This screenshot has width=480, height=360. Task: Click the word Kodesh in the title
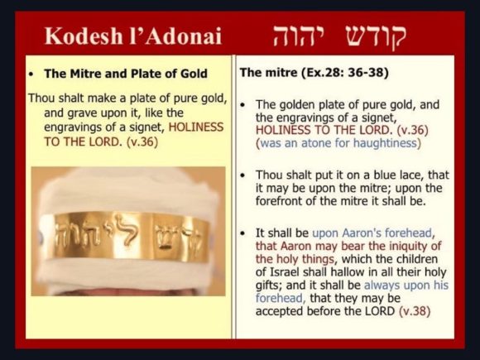click(84, 36)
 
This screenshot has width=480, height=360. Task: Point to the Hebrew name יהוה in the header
click(295, 36)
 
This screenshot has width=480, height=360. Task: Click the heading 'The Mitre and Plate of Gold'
click(126, 74)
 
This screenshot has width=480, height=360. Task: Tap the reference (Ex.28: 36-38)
click(345, 73)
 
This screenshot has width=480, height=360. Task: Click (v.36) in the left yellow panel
click(142, 142)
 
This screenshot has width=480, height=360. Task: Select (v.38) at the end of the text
click(415, 311)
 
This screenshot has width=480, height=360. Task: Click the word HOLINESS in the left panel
click(196, 127)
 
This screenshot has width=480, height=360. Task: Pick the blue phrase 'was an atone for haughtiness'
click(338, 143)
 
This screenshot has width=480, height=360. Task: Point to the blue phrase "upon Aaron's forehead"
click(372, 233)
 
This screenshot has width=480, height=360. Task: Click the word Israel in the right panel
click(286, 272)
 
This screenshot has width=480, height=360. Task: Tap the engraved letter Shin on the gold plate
click(166, 237)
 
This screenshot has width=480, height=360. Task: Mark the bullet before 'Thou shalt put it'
click(243, 175)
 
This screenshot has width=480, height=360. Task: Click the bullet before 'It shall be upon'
click(243, 233)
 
